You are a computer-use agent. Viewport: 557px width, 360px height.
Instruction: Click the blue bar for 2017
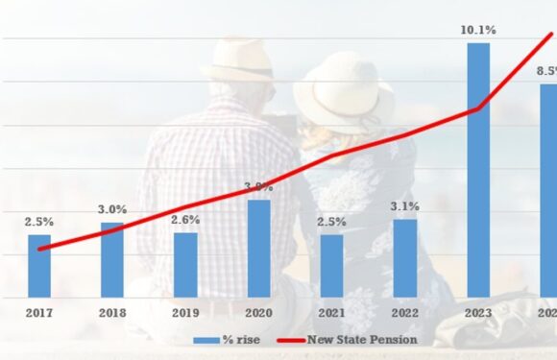tap(39, 266)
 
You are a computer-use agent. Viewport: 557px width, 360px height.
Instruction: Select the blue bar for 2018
tap(112, 260)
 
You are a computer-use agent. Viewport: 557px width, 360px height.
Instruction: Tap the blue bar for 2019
tap(185, 265)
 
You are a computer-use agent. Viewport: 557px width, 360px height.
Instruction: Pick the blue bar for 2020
tap(258, 249)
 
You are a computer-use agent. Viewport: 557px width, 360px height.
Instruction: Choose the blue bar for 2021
tap(331, 266)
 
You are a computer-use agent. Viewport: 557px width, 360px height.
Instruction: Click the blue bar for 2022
tap(404, 258)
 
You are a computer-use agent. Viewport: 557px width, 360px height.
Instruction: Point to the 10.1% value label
tap(477, 31)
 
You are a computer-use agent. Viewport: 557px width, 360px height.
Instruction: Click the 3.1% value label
tap(404, 206)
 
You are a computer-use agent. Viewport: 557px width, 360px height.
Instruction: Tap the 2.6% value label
tap(185, 220)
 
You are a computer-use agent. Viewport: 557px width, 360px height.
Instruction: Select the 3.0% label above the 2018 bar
tap(112, 210)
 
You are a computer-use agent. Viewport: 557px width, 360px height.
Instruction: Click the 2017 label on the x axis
tap(39, 314)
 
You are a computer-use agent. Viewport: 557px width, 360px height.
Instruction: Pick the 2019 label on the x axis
tap(185, 314)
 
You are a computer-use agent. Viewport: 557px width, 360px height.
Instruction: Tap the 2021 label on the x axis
tap(331, 314)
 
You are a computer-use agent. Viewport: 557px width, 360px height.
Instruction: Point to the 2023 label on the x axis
tap(477, 314)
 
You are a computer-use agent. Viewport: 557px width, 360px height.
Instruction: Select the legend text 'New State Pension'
tap(362, 340)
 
